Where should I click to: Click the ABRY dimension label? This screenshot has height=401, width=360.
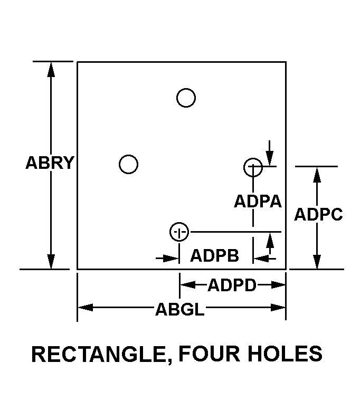click(50, 163)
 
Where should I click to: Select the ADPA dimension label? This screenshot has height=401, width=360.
click(258, 201)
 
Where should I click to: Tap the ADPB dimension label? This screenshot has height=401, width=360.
click(214, 255)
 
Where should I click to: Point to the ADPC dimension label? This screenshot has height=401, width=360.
click(318, 214)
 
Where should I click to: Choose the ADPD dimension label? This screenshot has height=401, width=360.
click(232, 285)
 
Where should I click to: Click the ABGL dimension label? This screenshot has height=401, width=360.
click(180, 309)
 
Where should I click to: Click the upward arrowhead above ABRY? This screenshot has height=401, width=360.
click(51, 70)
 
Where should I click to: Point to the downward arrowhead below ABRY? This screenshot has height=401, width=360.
click(51, 262)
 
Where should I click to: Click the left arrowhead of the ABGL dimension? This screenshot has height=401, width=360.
click(86, 307)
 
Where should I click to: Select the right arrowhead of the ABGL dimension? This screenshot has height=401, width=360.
click(278, 307)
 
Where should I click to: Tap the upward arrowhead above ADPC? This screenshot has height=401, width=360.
click(317, 175)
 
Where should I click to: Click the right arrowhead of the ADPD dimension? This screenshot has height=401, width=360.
click(278, 284)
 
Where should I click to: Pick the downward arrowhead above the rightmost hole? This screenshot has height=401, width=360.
click(269, 158)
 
